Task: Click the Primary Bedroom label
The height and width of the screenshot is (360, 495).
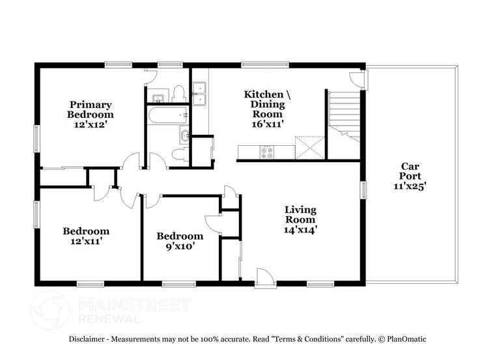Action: coord(91,109)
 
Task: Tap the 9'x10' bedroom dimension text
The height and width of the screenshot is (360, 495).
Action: coord(180,246)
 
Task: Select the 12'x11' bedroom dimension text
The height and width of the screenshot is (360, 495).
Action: coord(85,241)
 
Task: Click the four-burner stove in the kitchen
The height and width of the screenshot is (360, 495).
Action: coord(267,152)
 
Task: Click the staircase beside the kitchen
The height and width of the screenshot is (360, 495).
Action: coord(344,114)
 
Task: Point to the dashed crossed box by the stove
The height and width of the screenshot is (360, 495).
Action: coord(309,147)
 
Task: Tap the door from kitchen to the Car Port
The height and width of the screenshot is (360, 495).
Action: coord(359,80)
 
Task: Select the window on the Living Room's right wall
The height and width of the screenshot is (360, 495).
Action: coord(363,189)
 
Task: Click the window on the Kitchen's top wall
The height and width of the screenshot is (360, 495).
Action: coord(256,64)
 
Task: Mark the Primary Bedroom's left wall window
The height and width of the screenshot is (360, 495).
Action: coord(37,137)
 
